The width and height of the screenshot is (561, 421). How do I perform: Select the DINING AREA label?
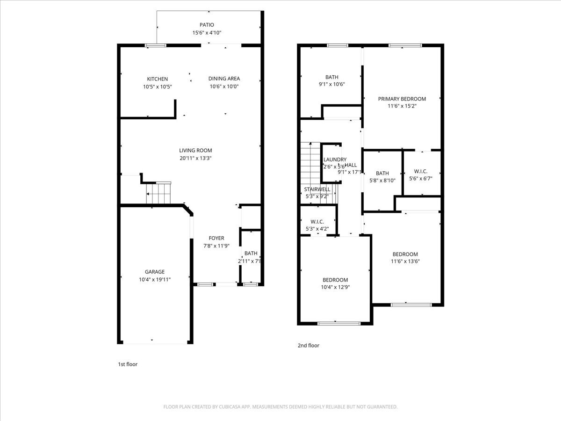[x=224, y=79]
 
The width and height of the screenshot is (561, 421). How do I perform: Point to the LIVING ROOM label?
[x=195, y=150]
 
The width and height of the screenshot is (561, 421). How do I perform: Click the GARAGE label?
[x=154, y=272]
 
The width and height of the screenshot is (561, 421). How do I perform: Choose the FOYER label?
[x=216, y=238]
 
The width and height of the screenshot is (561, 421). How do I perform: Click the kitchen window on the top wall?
[x=156, y=45]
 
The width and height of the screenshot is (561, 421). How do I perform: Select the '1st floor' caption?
[x=127, y=364]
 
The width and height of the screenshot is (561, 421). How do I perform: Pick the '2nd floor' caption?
[x=309, y=346]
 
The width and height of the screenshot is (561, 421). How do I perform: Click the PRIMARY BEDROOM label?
[x=402, y=99]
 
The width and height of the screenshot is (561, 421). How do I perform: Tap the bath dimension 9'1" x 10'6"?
[x=332, y=85]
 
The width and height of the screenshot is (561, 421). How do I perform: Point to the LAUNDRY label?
[x=335, y=160]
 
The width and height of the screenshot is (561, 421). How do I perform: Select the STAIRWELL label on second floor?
[x=317, y=189]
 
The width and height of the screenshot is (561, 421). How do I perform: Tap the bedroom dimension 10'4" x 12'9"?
[x=335, y=287]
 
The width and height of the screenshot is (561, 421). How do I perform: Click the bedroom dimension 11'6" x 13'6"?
[x=405, y=261]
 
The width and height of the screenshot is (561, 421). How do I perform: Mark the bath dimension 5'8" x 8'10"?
[x=382, y=181]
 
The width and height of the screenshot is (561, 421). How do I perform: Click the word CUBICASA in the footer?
[x=230, y=407]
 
